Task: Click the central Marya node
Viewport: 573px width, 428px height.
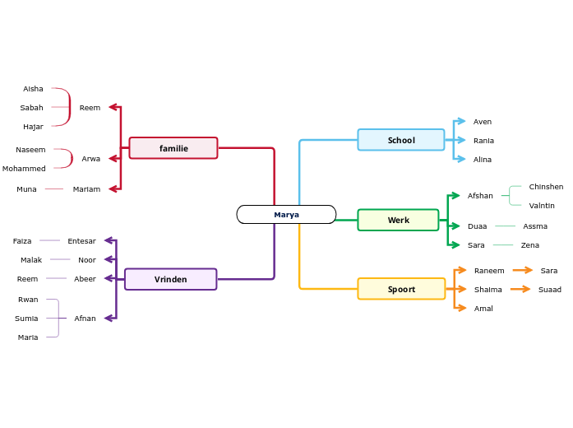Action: click(x=286, y=215)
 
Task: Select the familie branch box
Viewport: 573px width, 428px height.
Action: click(x=173, y=148)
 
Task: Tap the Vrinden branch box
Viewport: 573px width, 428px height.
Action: click(x=170, y=279)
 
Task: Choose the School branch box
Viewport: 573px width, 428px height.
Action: click(x=401, y=140)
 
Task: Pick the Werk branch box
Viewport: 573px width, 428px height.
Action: click(x=398, y=220)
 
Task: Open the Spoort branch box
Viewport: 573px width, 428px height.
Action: click(x=401, y=289)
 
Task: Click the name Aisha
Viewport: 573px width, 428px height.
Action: click(x=33, y=89)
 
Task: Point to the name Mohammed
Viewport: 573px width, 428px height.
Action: click(x=24, y=169)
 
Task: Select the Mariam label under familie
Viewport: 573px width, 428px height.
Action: click(x=86, y=189)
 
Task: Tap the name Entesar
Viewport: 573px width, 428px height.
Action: click(x=81, y=241)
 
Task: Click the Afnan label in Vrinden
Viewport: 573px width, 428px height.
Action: click(x=85, y=319)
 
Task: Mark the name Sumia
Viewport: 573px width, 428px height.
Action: click(x=26, y=319)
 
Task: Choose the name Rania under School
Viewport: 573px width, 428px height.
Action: click(x=483, y=141)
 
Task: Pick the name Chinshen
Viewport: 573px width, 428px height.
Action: click(x=546, y=187)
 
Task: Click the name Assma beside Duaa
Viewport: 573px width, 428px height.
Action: click(x=535, y=226)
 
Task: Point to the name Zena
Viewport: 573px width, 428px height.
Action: click(x=530, y=245)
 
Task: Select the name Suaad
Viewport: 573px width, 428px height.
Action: click(x=550, y=290)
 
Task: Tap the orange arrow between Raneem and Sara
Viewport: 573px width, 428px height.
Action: click(x=522, y=270)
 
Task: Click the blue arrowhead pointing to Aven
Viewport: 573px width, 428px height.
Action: click(x=460, y=122)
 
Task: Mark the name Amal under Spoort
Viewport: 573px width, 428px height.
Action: click(x=483, y=309)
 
